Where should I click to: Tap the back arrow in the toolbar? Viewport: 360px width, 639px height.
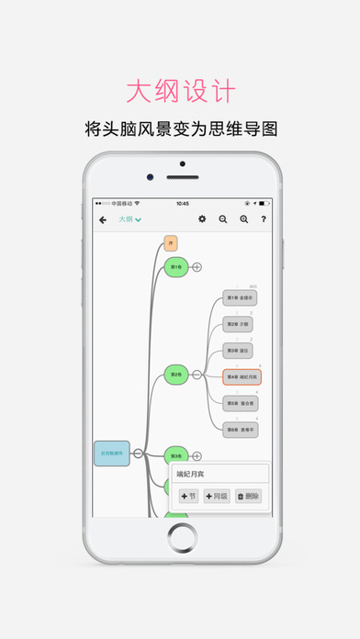103,219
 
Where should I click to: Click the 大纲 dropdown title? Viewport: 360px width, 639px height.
129,219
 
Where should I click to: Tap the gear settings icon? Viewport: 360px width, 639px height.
203,219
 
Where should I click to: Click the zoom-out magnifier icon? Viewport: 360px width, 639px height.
223,219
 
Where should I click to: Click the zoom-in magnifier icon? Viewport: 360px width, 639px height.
243,219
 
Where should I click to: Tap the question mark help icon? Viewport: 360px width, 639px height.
264,219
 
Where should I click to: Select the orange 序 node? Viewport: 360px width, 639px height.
170,242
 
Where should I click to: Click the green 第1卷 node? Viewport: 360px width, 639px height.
175,266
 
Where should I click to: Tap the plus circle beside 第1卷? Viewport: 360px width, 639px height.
197,266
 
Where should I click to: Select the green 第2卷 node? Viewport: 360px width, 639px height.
176,374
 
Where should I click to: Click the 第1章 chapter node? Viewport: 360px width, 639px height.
241,297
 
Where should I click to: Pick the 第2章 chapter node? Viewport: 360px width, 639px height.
241,324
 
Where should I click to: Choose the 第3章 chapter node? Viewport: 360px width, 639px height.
241,350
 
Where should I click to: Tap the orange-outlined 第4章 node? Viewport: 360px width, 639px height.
242,376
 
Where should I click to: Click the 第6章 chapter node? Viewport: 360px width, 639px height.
241,429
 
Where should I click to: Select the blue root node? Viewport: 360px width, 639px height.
111,453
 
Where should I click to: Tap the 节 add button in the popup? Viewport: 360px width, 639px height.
188,496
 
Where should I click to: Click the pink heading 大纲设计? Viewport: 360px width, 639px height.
180,93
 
